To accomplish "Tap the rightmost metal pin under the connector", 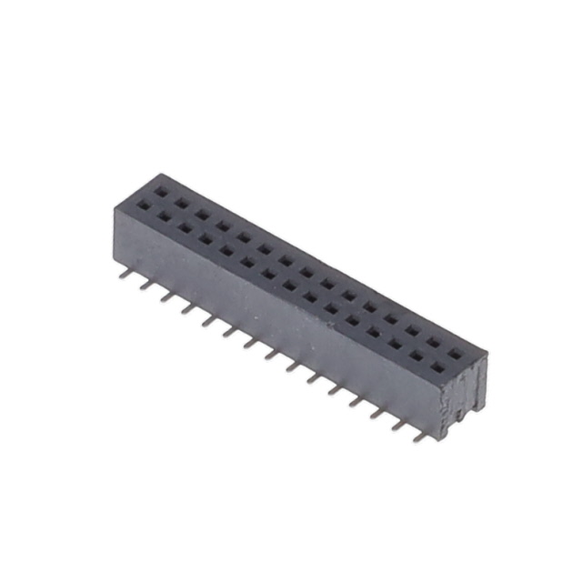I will [x=419, y=436].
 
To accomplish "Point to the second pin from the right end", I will [x=398, y=424].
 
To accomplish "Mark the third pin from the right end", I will [x=376, y=412].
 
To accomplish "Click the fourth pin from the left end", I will [x=187, y=306].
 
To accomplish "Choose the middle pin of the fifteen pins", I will [x=272, y=354].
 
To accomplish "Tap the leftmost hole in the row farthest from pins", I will [x=161, y=191].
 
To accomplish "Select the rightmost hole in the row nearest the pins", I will [x=437, y=368].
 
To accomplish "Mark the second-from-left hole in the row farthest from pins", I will [x=182, y=203].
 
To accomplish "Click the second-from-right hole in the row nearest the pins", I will [x=416, y=356].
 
